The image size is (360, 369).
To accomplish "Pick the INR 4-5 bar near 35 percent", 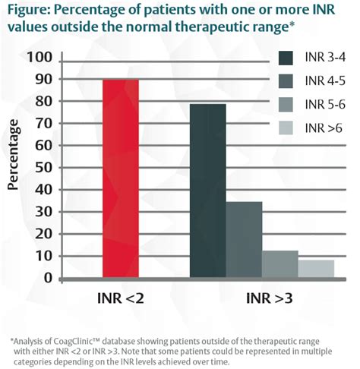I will pyautogui.click(x=245, y=240).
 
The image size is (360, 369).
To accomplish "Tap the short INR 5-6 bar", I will pyautogui.click(x=280, y=264).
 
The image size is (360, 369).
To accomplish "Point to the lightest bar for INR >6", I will pyautogui.click(x=315, y=270).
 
